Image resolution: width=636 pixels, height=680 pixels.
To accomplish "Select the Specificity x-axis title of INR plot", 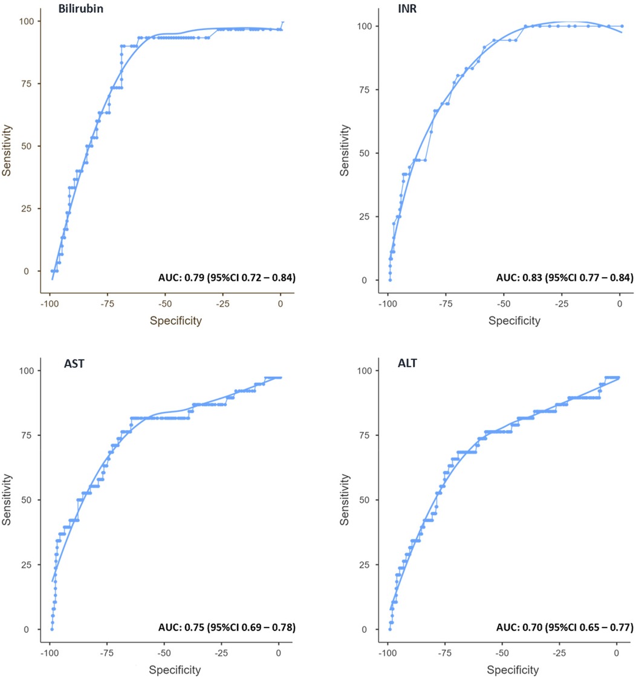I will tap(515, 321).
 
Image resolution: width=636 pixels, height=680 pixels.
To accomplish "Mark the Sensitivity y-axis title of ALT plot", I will tap(345, 501).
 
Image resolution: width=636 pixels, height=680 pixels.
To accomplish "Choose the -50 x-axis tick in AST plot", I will tap(164, 654).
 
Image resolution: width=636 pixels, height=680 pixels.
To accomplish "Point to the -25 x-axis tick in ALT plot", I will tap(559, 654).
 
